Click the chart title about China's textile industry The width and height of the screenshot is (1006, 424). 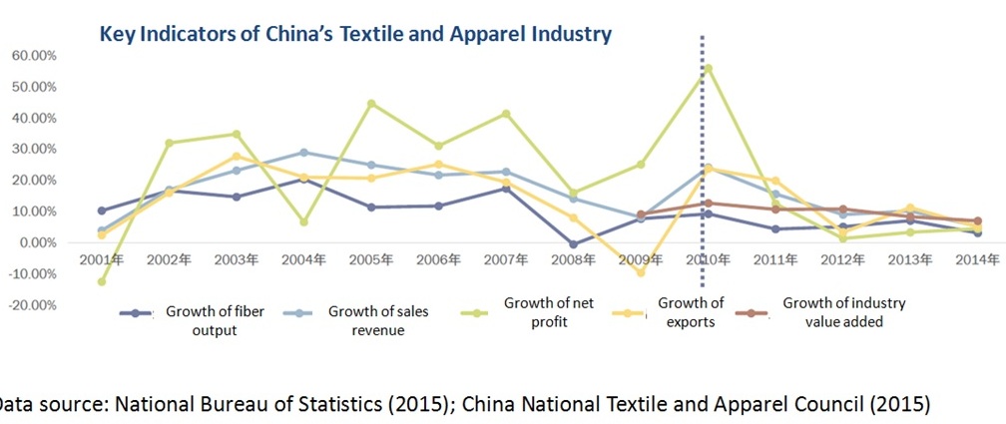coord(354,35)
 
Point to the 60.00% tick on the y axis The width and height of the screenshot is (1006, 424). coord(33,56)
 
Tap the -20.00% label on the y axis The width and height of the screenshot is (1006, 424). coord(31,305)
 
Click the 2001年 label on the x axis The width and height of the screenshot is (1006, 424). coord(102,260)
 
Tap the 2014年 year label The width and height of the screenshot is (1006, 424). coord(977,260)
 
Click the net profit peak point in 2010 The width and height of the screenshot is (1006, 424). coord(709,69)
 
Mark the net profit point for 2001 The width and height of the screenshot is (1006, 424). coord(102,281)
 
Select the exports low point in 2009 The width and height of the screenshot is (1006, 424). coord(641,272)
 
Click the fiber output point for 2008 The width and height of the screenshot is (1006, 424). coord(574,244)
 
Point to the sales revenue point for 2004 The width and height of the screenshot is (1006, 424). coord(303,153)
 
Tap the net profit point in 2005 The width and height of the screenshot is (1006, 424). coord(371,104)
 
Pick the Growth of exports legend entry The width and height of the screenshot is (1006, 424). coord(691,311)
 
